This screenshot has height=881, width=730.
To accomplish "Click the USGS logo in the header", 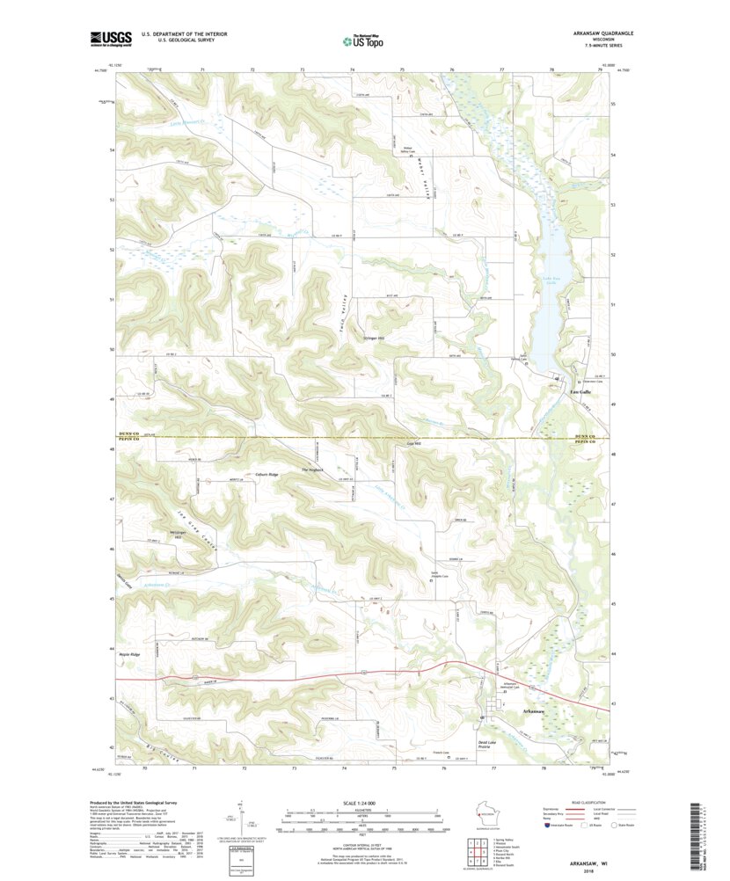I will pyautogui.click(x=108, y=38).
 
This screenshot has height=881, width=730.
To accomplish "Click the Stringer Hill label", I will pyautogui.click(x=375, y=339).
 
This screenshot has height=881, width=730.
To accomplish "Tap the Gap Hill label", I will pyautogui.click(x=415, y=444).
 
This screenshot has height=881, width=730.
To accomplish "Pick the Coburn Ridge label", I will pyautogui.click(x=266, y=475).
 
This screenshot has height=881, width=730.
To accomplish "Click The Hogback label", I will pyautogui.click(x=313, y=470).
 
